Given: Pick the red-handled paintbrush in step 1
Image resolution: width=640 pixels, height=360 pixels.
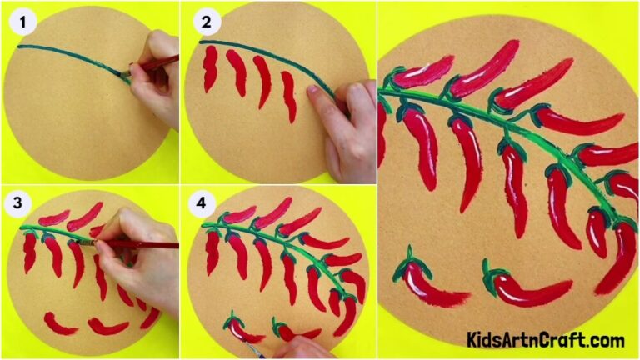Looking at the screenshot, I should (x=155, y=65).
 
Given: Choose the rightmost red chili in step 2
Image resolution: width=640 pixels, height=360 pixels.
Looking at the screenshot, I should (x=288, y=97).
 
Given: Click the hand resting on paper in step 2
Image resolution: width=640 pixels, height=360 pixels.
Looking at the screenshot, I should (x=342, y=125).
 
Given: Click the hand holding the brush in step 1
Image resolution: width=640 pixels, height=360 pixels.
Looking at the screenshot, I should (x=158, y=83).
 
